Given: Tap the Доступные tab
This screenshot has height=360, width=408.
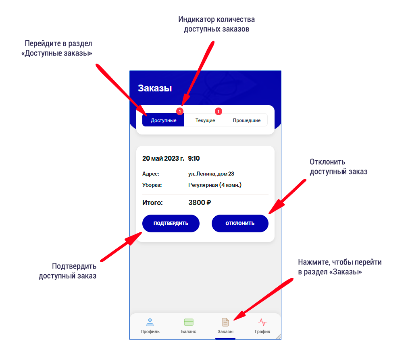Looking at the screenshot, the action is [x=163, y=120].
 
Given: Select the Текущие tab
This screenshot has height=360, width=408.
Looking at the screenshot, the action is [x=205, y=120].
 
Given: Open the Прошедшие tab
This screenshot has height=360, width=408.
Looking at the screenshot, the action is [x=247, y=120].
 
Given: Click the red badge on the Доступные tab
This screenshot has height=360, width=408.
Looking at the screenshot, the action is [x=180, y=111].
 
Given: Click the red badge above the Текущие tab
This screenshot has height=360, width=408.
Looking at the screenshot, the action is [x=218, y=111].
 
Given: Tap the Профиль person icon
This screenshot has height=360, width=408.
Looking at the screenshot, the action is [x=150, y=322].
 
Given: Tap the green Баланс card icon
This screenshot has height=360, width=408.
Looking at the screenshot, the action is [x=189, y=322].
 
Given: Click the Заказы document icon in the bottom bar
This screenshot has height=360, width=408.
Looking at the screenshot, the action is [x=225, y=322].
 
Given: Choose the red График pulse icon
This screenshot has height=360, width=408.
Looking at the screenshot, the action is [x=262, y=322].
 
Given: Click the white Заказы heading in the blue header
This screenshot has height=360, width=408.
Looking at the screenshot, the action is [x=155, y=88].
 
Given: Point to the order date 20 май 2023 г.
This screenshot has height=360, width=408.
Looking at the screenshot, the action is [x=163, y=158].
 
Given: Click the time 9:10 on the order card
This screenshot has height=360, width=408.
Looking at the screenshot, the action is [x=194, y=158].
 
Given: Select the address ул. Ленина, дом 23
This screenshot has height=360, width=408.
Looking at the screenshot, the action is [x=211, y=174].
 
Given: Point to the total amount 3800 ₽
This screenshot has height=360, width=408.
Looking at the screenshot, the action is [x=200, y=203].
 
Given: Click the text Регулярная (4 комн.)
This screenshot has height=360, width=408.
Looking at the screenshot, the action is [x=214, y=185].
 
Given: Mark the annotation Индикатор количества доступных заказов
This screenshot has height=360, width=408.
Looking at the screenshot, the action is [x=216, y=24].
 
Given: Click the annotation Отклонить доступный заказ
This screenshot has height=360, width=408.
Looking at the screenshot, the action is [x=339, y=167].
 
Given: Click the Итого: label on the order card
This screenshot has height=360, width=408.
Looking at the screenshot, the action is [x=152, y=203].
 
